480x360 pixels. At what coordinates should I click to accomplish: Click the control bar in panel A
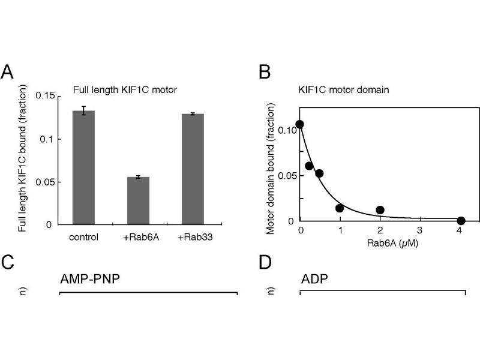[x=83, y=167]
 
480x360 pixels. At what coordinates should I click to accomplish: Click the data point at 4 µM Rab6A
[x=461, y=221]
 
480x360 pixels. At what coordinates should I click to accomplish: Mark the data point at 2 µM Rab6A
[x=380, y=210]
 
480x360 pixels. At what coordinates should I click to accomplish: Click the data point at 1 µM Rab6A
[x=340, y=208]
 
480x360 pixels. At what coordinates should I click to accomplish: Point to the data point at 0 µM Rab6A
[x=299, y=124]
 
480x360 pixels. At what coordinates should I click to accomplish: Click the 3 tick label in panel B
[x=420, y=230]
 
